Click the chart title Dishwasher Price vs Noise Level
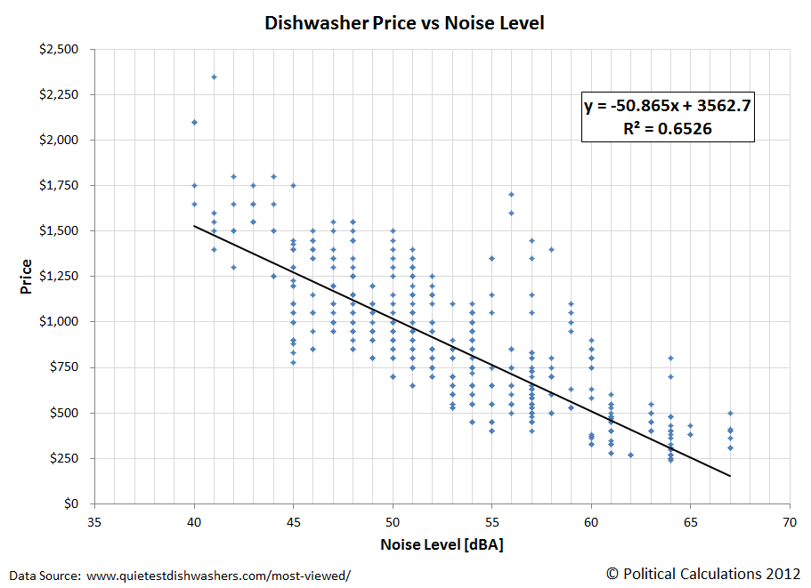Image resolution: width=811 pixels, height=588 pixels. [x=404, y=22]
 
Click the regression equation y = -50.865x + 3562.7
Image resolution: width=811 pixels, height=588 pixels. [x=668, y=106]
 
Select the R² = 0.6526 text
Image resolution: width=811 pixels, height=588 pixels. [x=668, y=128]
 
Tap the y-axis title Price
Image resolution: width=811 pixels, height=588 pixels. [x=27, y=277]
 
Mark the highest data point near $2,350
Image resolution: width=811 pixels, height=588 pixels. [x=215, y=77]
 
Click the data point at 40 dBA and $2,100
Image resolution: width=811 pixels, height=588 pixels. [x=195, y=122]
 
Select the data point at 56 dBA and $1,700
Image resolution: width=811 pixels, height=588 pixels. [x=511, y=194]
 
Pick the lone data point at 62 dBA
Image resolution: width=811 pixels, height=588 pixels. [x=630, y=455]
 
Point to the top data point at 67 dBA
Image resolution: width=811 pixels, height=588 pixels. [x=730, y=413]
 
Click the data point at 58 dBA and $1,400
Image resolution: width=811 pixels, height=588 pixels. [x=551, y=249]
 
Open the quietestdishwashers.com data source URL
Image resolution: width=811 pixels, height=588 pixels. [x=217, y=576]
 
